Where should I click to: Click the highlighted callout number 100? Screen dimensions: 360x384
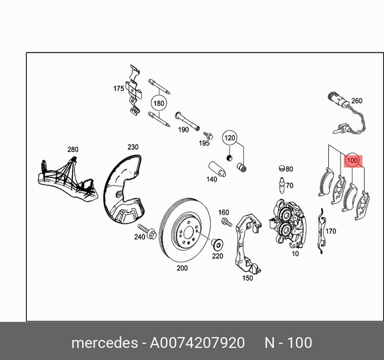(x=353, y=161)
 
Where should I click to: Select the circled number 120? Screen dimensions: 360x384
(x=230, y=138)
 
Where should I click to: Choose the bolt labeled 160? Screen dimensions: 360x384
(x=226, y=222)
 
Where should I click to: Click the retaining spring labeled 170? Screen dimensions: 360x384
(x=321, y=231)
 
